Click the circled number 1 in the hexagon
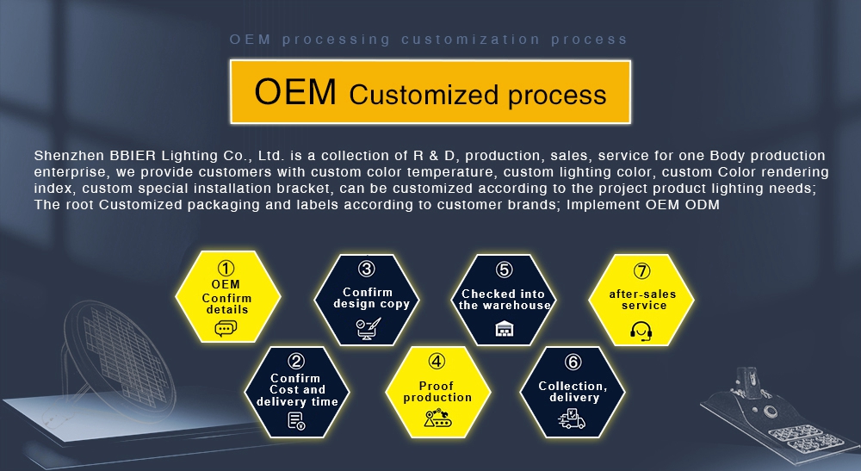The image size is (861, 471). (x=226, y=269)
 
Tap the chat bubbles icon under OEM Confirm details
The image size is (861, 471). (x=226, y=329)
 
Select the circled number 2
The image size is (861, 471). (x=296, y=361)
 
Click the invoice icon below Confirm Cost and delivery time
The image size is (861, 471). (x=296, y=421)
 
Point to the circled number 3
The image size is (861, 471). (x=367, y=269)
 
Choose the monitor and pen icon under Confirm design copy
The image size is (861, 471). (x=368, y=329)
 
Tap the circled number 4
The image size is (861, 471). (x=437, y=361)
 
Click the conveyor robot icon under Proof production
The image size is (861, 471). (x=437, y=418)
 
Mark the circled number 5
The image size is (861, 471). (x=504, y=270)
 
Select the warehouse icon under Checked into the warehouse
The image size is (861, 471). (x=504, y=329)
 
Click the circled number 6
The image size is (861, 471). (x=573, y=362)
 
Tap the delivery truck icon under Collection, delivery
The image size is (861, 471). (x=572, y=418)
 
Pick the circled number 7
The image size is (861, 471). (x=641, y=270)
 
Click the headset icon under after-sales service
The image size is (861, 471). (x=641, y=331)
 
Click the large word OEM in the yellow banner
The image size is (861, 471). (x=294, y=91)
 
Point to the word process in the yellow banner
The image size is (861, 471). (x=557, y=96)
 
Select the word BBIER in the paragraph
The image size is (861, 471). (x=133, y=155)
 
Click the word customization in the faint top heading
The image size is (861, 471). (x=471, y=40)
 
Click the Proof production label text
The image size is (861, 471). (x=437, y=392)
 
